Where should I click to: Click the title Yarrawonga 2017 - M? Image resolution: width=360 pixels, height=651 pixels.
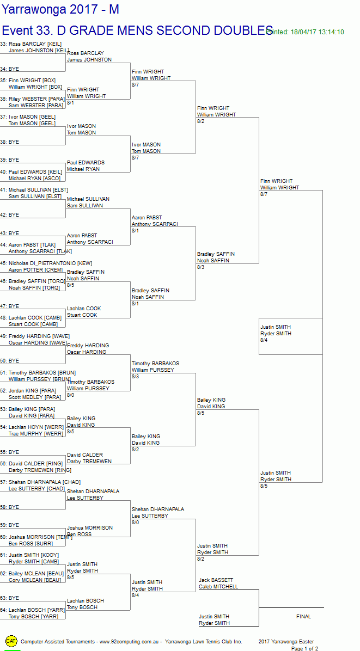point(60,9)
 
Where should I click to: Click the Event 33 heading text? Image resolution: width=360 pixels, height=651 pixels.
point(136,30)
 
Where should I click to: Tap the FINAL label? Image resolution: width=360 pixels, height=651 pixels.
point(303,617)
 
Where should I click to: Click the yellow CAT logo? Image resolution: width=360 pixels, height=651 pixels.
point(11,641)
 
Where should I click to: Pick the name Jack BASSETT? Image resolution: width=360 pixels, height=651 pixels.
point(216,580)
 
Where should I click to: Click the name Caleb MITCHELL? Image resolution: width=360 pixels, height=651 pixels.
point(218,587)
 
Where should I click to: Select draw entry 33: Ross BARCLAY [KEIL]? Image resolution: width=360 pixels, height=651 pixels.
point(31,44)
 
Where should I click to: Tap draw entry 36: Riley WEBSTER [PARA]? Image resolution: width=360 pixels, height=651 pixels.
point(32,99)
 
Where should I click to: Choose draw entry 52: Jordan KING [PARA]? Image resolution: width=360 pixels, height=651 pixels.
point(31,391)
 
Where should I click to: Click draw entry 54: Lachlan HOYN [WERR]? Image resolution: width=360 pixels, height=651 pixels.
point(32,427)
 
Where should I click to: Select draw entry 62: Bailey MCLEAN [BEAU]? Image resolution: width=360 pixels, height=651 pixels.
point(32,574)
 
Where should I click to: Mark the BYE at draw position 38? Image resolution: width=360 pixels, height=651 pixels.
point(14,142)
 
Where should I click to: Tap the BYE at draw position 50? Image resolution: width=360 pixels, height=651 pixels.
point(14,361)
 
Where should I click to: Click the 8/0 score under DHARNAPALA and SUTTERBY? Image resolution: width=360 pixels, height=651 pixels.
point(136,522)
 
